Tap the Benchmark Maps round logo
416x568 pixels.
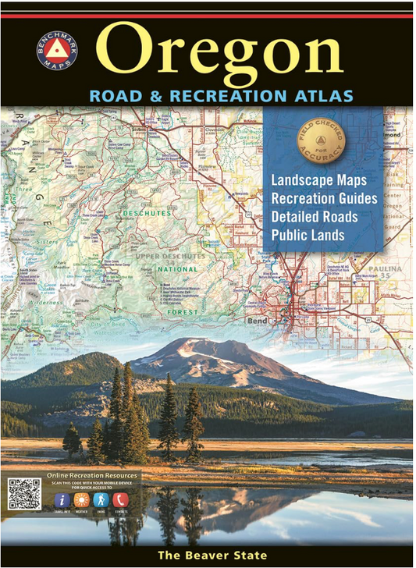(57, 50)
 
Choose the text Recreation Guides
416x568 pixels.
(324, 199)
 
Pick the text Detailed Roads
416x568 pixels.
(314, 216)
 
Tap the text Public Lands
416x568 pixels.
(308, 234)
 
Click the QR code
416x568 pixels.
(23, 493)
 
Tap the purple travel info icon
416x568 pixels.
(62, 499)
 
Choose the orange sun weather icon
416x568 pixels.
(82, 499)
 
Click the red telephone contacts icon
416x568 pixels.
(120, 499)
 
